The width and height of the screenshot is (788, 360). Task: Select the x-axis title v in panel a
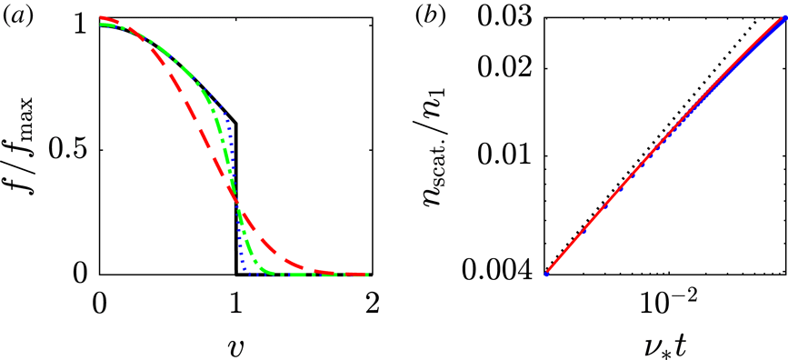coord(235,346)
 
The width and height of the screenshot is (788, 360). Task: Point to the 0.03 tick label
coord(510,17)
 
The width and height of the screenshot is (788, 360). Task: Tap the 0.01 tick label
coord(510,155)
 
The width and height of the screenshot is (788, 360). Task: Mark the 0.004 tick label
coord(503,273)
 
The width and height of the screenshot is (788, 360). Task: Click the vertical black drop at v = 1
coord(236,200)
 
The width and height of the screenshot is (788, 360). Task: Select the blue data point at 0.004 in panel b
coord(545,273)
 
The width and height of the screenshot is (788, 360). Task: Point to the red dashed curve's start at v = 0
coord(102,18)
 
